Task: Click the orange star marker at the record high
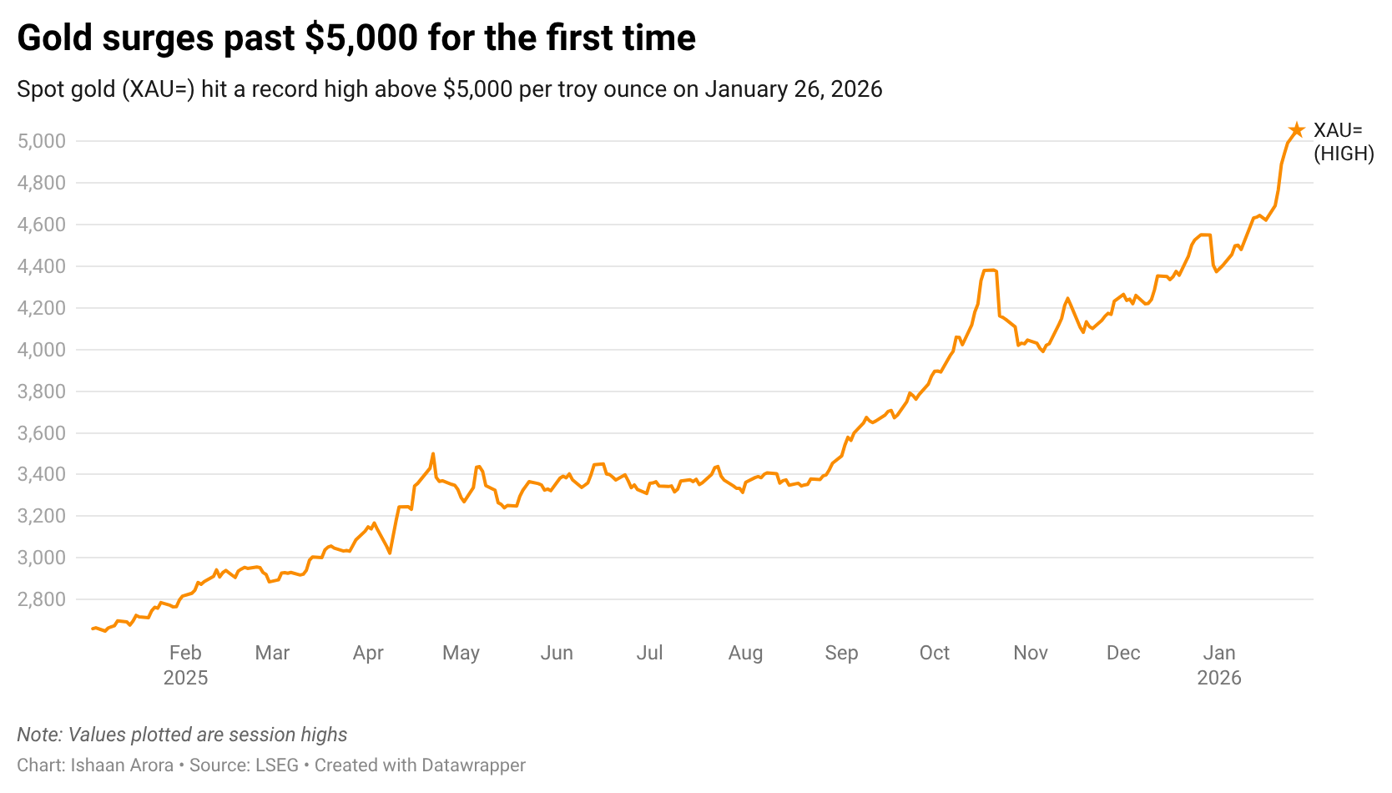click(x=1296, y=130)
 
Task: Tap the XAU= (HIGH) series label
click(x=1343, y=142)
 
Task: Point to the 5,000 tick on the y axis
click(x=41, y=141)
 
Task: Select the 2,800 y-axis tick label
click(x=41, y=599)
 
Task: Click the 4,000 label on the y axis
click(x=41, y=350)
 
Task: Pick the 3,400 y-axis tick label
click(x=41, y=474)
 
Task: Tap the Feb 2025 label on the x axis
click(x=185, y=664)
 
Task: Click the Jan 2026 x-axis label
click(x=1218, y=664)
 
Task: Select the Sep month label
click(x=841, y=653)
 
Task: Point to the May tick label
click(x=461, y=653)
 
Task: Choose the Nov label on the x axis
click(x=1030, y=653)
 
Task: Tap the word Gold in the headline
click(x=55, y=38)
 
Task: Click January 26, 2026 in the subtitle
click(x=793, y=89)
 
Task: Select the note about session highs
click(x=182, y=735)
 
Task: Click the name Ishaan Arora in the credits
click(x=122, y=765)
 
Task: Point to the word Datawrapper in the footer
click(x=473, y=765)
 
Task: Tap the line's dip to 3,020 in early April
click(x=390, y=553)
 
